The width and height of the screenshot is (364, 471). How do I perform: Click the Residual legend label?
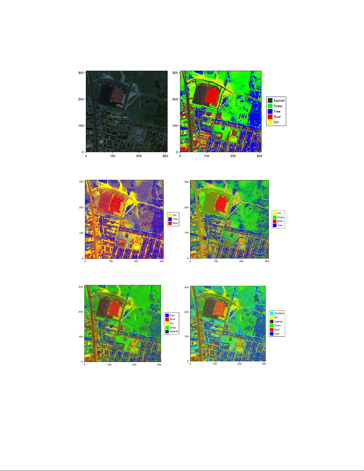tap(279, 313)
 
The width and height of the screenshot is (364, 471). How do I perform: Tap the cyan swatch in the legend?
tap(272, 313)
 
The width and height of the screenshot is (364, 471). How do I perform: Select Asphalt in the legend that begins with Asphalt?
tap(279, 100)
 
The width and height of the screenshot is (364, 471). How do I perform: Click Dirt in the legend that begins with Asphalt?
tap(276, 122)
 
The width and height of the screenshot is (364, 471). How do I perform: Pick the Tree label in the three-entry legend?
tap(175, 219)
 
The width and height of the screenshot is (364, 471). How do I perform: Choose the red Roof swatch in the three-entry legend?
tap(170, 223)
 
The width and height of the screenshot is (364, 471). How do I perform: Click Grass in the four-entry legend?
tap(280, 217)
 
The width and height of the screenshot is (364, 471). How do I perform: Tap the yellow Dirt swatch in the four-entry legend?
tap(275, 213)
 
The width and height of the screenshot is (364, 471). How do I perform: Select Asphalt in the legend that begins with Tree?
tap(174, 331)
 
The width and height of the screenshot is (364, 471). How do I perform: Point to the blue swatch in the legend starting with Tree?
tap(167, 315)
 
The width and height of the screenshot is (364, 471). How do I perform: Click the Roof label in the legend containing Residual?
tap(277, 330)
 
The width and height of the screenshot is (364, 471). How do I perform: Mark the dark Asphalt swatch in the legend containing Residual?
tap(272, 322)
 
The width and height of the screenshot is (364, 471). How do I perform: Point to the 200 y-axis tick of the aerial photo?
tap(81, 99)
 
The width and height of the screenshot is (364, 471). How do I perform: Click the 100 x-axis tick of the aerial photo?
tap(112, 156)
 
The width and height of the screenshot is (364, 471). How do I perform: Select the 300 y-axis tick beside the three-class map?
tap(81, 182)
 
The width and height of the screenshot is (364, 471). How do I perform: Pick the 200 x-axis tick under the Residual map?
tap(239, 364)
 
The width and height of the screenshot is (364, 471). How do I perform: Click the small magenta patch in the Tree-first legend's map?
tap(99, 352)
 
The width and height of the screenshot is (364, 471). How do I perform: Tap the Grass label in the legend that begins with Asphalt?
tap(278, 106)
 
